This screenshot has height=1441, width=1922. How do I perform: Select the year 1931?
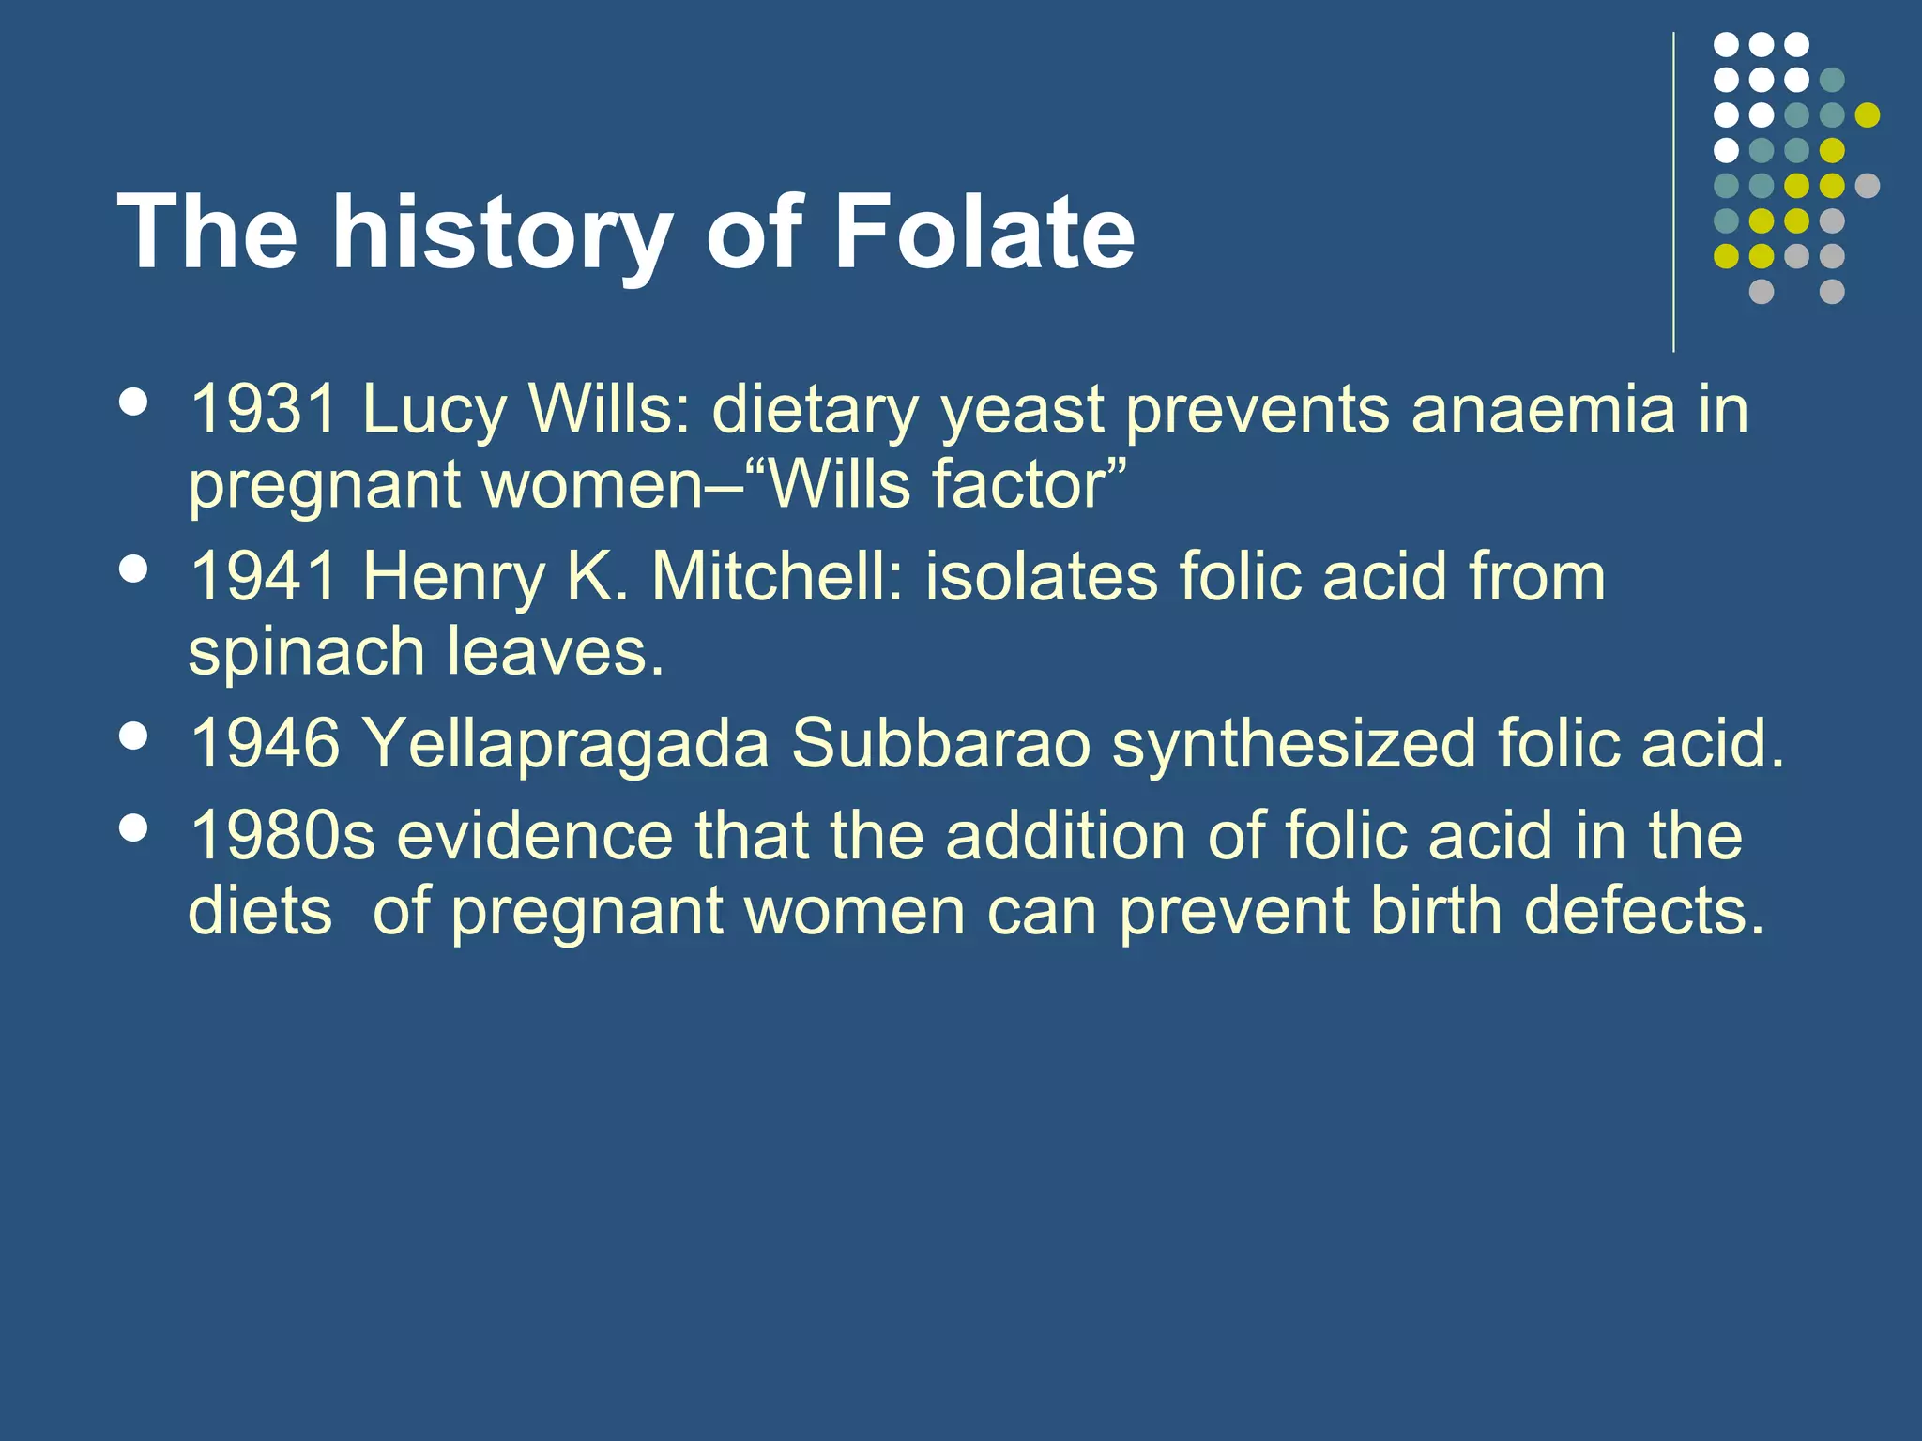tap(263, 410)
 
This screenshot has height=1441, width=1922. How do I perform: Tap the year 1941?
tap(263, 576)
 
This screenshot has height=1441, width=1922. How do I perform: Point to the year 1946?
tap(263, 743)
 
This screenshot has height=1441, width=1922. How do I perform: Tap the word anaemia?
tap(1543, 410)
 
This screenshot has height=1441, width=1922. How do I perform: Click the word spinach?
tap(306, 653)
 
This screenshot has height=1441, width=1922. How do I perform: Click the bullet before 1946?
tap(135, 736)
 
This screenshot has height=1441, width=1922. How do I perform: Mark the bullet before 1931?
tap(135, 402)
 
